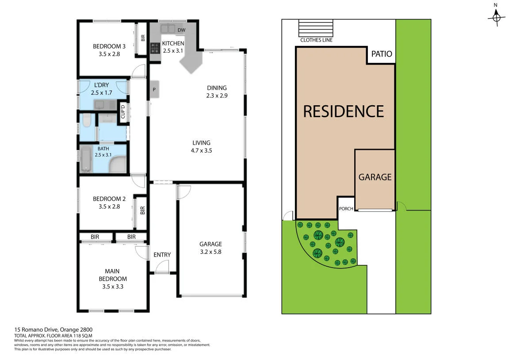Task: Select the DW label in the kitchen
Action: click(x=181, y=30)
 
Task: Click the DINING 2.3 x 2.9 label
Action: click(x=216, y=92)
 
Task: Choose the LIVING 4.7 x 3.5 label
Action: click(x=201, y=146)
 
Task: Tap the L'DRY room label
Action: click(x=101, y=89)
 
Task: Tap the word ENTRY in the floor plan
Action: click(x=162, y=255)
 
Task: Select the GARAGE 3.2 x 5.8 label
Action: click(x=210, y=248)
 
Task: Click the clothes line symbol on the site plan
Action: click(x=316, y=28)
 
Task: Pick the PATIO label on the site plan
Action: click(x=381, y=54)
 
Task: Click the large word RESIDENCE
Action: click(x=343, y=111)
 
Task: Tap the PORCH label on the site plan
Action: click(x=346, y=209)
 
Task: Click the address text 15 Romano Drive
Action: click(x=53, y=329)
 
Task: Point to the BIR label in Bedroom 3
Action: click(x=143, y=38)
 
